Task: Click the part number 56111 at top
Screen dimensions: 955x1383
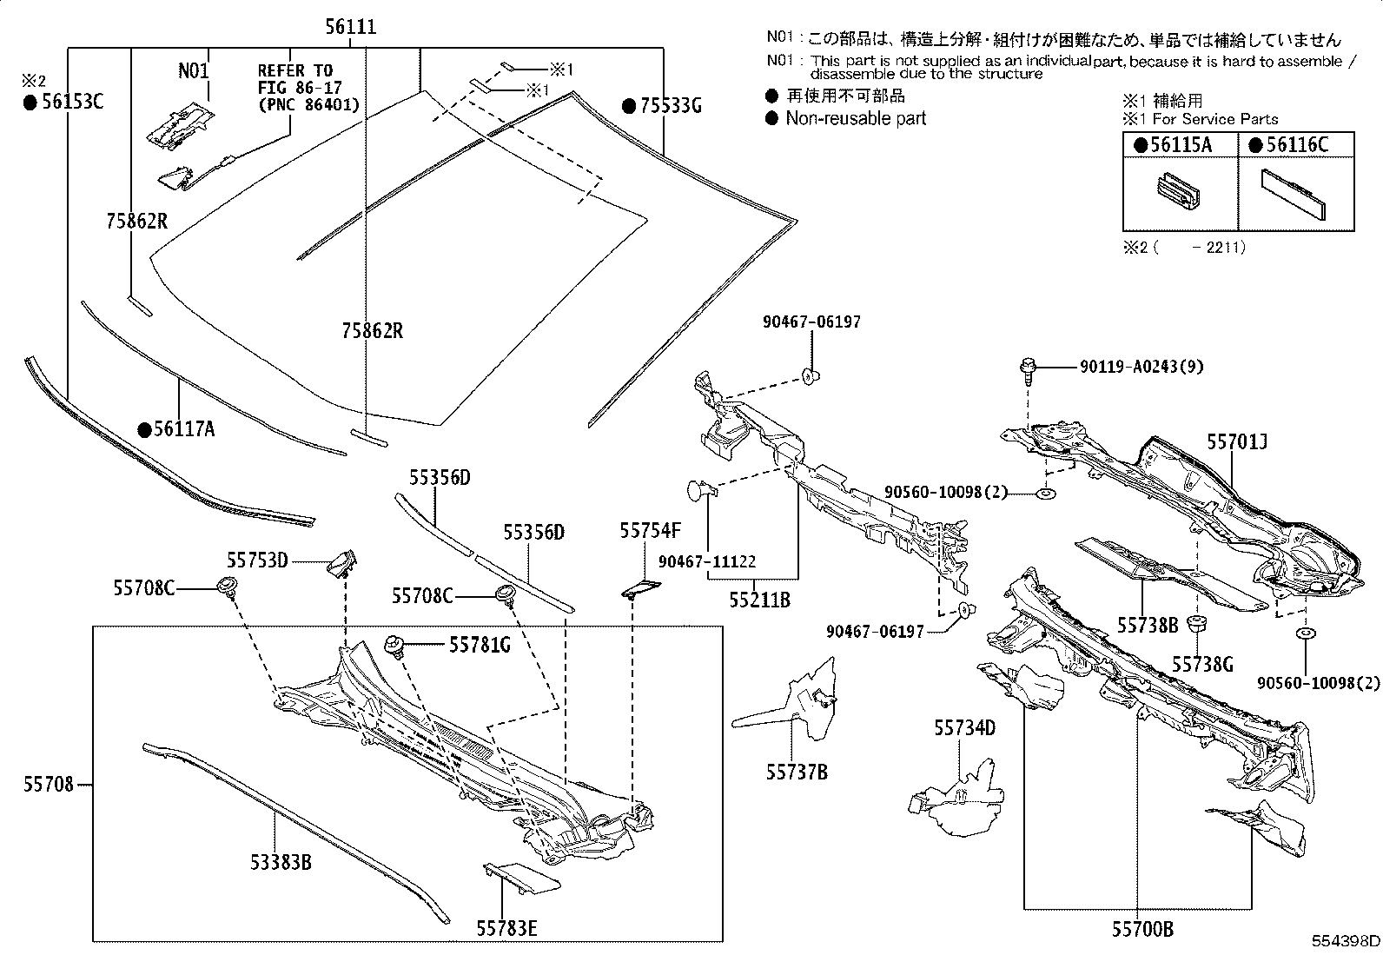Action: pos(351,27)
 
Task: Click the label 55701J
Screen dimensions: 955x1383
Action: pos(1237,443)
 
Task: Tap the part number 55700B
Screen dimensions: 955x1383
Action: pos(1142,930)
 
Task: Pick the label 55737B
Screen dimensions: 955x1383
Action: pos(797,771)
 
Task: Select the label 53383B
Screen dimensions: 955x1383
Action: pos(281,862)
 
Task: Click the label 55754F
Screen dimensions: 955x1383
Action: pos(650,531)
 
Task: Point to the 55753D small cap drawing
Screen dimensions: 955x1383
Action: pos(343,562)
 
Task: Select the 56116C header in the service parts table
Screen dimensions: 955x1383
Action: pos(1296,145)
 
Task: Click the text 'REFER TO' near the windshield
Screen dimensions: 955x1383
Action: pos(294,70)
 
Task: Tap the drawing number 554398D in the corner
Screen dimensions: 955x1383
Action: pos(1346,941)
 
